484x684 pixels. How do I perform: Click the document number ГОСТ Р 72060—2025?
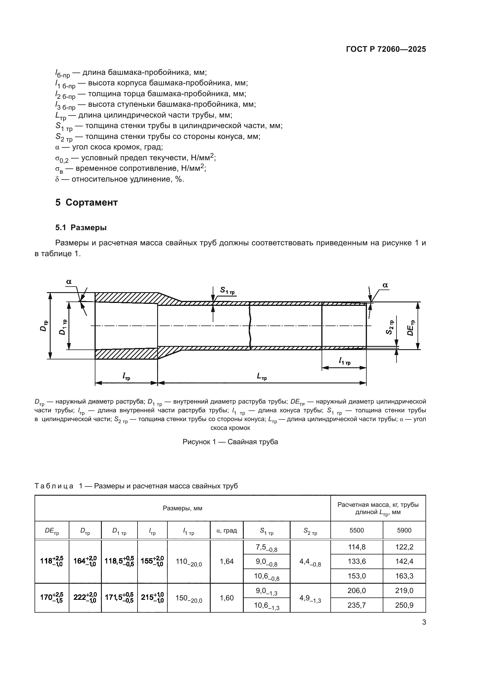[386, 49]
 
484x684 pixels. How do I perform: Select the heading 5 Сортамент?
[86, 203]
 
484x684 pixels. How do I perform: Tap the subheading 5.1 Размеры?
[81, 228]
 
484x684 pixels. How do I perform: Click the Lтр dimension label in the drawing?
[262, 377]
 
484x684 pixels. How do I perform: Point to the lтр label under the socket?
[126, 377]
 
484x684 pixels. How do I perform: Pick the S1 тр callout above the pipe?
[227, 290]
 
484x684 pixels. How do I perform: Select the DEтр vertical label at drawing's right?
[411, 328]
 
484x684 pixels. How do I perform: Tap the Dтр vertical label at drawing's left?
[44, 326]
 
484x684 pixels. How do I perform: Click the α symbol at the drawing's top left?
[69, 282]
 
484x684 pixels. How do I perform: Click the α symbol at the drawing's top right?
[385, 285]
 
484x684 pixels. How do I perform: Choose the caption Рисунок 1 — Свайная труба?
[230, 442]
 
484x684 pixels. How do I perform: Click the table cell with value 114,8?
[356, 547]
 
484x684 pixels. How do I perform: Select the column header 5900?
[404, 530]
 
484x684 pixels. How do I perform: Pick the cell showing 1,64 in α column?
[226, 561]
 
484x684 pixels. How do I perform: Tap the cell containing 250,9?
[404, 605]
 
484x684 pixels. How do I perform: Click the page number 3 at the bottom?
[424, 622]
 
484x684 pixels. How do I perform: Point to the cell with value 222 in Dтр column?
[85, 598]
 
